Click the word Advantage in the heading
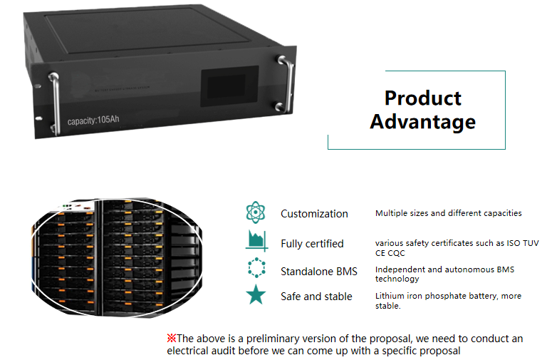click(x=422, y=121)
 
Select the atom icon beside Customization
click(x=255, y=213)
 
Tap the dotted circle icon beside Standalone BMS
click(x=255, y=270)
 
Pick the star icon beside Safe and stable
click(x=255, y=296)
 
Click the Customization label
click(x=314, y=214)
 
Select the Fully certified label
click(x=312, y=244)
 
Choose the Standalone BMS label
click(x=318, y=271)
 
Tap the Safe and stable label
click(x=316, y=297)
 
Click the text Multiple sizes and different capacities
click(x=448, y=213)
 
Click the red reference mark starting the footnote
click(x=171, y=338)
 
